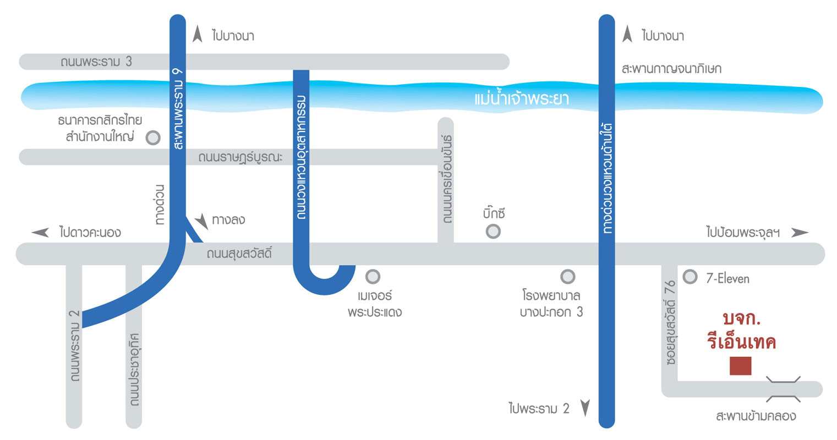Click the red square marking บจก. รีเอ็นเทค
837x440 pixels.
click(x=740, y=366)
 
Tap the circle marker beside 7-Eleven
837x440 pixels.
click(x=690, y=277)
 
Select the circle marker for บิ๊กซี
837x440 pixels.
click(x=493, y=231)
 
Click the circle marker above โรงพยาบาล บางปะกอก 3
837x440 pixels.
click(x=567, y=276)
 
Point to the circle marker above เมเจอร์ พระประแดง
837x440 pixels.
click(x=373, y=276)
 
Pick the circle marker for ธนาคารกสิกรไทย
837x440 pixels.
click(x=153, y=137)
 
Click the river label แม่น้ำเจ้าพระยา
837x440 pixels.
click(x=521, y=99)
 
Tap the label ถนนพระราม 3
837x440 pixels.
click(x=96, y=62)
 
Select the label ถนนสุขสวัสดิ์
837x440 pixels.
click(x=239, y=254)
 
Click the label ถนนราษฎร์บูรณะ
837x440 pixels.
click(x=240, y=157)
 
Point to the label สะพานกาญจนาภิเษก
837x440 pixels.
click(x=671, y=69)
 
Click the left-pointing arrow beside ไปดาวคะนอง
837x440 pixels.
click(x=41, y=233)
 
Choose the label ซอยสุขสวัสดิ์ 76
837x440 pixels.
click(x=670, y=323)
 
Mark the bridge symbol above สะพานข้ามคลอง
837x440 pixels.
click(x=783, y=389)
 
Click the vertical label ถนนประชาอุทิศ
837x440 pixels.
click(x=134, y=369)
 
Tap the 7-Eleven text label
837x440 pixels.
click(x=727, y=278)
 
